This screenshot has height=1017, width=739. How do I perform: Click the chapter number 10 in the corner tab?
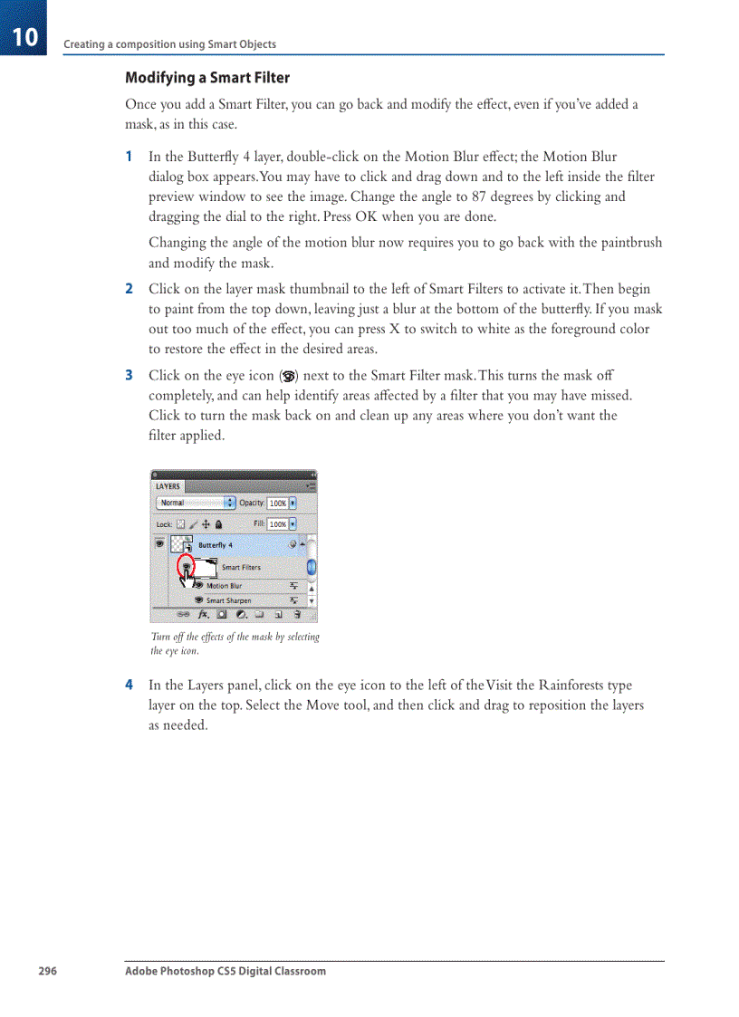click(x=25, y=37)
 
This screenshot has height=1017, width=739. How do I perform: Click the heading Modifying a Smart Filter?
click(x=207, y=78)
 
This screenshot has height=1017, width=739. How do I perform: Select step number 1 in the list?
click(x=130, y=157)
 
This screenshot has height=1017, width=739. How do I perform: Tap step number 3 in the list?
click(x=130, y=375)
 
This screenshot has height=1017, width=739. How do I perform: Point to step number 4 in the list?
click(x=130, y=686)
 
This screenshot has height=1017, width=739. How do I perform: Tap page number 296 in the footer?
click(x=47, y=971)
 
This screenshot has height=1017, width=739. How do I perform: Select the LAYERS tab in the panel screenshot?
click(x=168, y=486)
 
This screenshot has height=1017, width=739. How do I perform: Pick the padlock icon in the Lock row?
click(x=219, y=523)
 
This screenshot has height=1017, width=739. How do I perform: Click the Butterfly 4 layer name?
click(x=216, y=545)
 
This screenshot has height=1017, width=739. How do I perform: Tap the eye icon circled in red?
click(x=186, y=566)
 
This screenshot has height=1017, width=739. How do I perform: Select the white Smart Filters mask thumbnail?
click(x=206, y=568)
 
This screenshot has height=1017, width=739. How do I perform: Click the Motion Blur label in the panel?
click(x=224, y=586)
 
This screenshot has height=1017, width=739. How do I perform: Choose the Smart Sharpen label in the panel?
click(x=228, y=600)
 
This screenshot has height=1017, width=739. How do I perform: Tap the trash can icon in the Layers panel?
click(x=297, y=614)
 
